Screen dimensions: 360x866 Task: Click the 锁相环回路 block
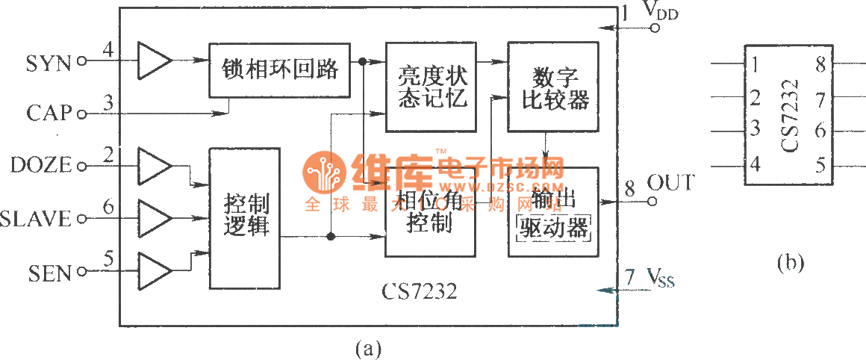click(x=279, y=70)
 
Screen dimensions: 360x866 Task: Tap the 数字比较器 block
click(x=553, y=87)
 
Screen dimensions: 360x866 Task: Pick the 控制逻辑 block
click(x=246, y=217)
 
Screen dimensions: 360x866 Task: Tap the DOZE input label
click(x=41, y=166)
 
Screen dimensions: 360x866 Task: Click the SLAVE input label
click(x=36, y=219)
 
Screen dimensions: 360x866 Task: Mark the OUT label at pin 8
click(x=670, y=184)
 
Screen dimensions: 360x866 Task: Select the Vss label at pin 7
click(x=660, y=280)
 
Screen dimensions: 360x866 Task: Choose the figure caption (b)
click(x=791, y=263)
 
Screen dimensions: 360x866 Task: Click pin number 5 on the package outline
click(x=821, y=164)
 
